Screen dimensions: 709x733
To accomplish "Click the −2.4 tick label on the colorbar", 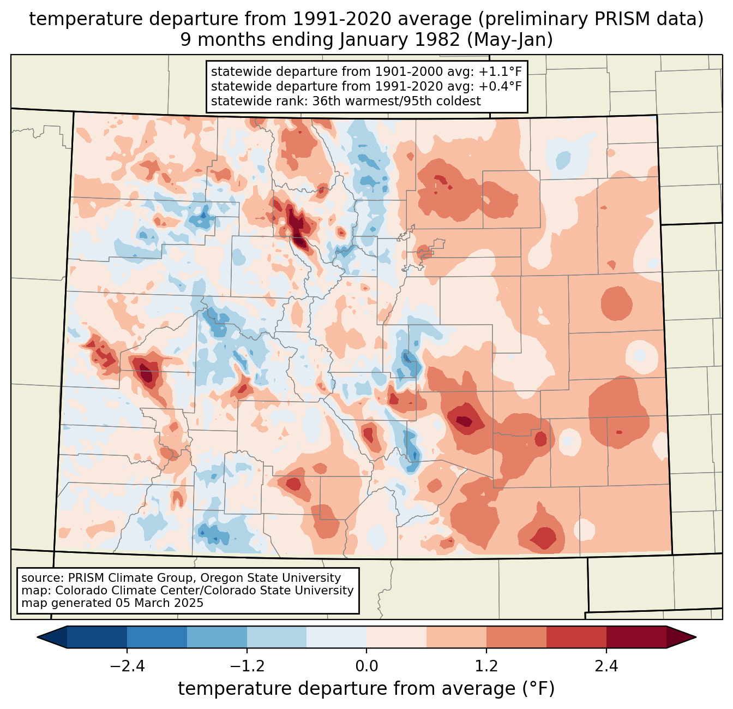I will pyautogui.click(x=127, y=666).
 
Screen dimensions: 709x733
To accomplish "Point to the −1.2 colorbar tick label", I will pyautogui.click(x=247, y=666).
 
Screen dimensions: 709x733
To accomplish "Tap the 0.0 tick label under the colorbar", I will pyautogui.click(x=366, y=666).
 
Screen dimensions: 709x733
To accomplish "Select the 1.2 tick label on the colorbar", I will pyautogui.click(x=486, y=666).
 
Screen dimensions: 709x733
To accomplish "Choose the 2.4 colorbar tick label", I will pyautogui.click(x=606, y=666).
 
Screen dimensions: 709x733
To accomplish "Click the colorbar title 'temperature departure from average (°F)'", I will pyautogui.click(x=366, y=689).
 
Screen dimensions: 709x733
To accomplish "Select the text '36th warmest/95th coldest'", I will pyautogui.click(x=396, y=101).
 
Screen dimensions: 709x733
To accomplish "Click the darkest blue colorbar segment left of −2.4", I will pyautogui.click(x=97, y=637).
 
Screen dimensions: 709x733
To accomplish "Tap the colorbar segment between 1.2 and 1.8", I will pyautogui.click(x=516, y=637).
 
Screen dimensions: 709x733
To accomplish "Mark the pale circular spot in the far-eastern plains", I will pyautogui.click(x=641, y=355).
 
